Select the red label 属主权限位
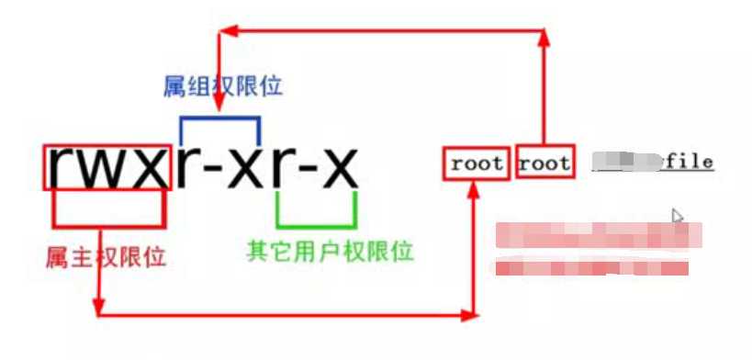pos(106,256)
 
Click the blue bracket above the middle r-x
pos(220,118)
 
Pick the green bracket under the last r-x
pos(315,223)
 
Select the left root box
pos(476,163)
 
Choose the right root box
pos(544,163)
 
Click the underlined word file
pos(690,163)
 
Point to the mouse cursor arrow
pos(677,216)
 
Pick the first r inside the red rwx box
pos(62,166)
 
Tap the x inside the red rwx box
pos(150,166)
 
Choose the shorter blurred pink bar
pos(592,268)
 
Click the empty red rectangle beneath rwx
pos(108,208)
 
